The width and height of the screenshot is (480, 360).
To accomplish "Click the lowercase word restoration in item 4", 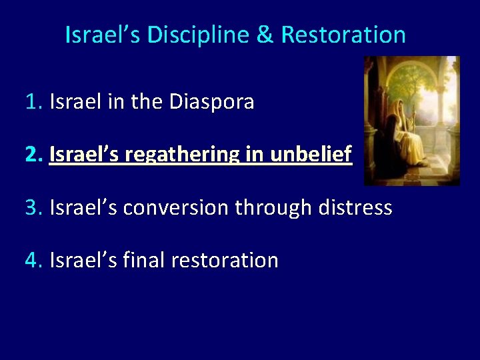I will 225,260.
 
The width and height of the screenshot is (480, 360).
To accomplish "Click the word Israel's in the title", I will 103,35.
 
